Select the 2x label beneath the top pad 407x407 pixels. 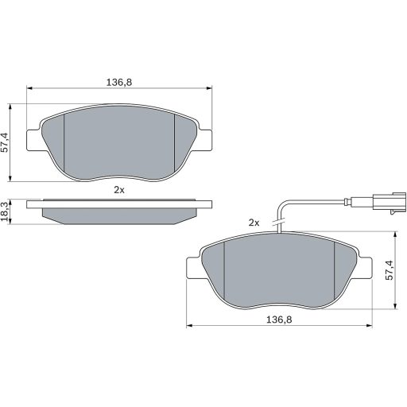[119, 189]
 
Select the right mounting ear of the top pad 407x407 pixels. [205, 138]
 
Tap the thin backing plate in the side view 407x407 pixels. [119, 204]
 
